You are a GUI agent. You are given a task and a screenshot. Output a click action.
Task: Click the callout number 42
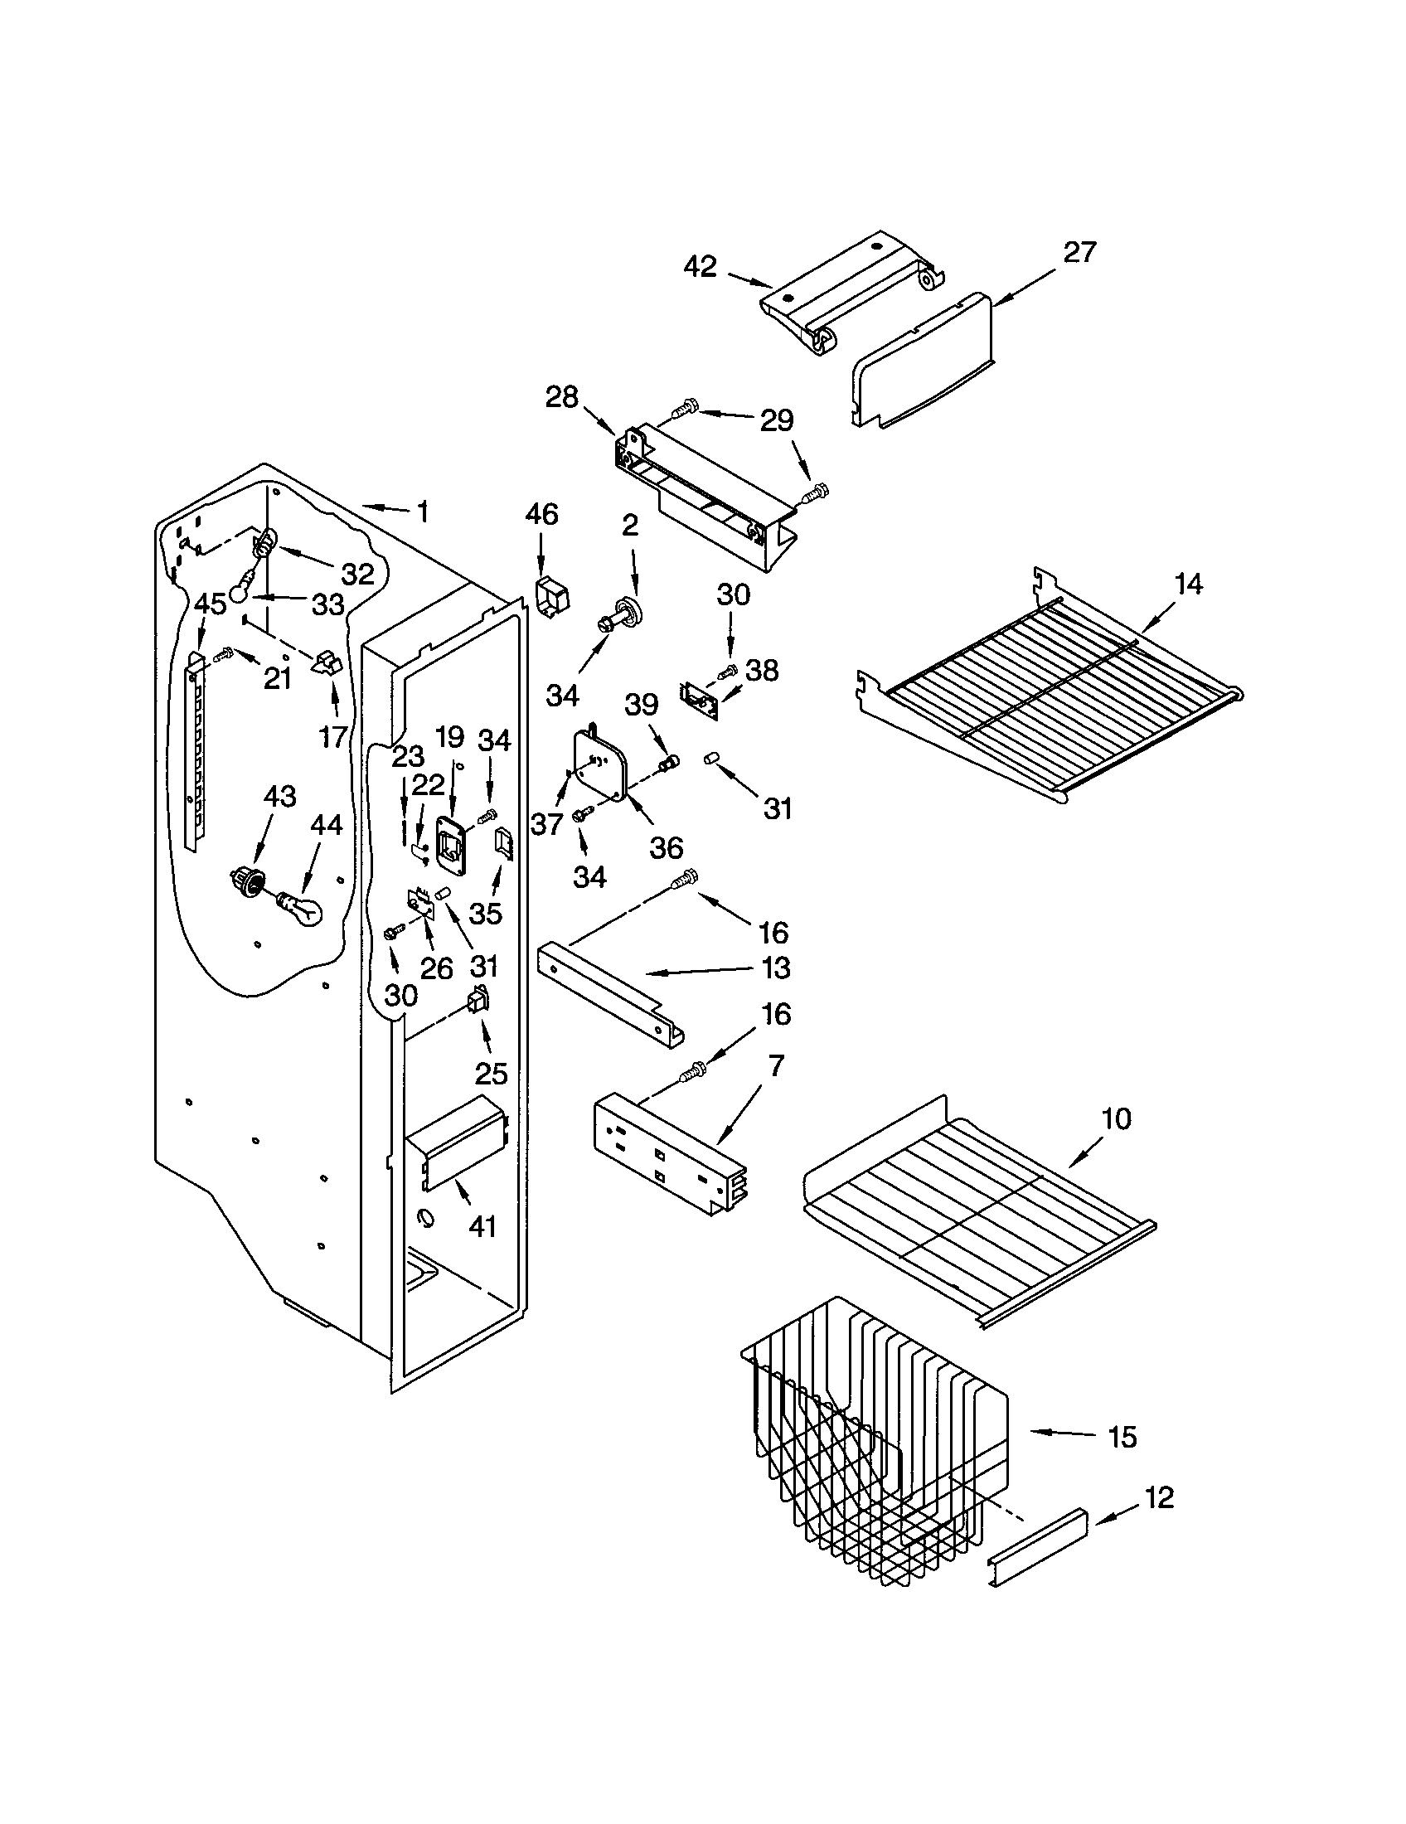tap(700, 266)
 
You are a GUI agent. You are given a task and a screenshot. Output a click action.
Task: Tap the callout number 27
tap(1079, 251)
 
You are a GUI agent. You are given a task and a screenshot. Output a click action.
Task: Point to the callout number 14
tap(1188, 584)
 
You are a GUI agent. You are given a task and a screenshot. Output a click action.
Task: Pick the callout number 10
tap(1117, 1118)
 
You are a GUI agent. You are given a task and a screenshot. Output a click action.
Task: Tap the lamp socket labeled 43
tap(245, 879)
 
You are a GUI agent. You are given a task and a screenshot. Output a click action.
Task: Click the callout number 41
tap(482, 1226)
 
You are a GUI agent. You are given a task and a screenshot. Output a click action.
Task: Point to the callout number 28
tap(561, 396)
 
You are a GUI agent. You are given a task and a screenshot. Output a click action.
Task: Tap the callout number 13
tap(776, 968)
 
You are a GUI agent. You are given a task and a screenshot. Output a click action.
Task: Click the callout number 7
tap(777, 1065)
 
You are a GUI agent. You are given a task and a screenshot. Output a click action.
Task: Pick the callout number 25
tap(492, 1073)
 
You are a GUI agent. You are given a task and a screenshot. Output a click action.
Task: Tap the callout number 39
tap(642, 705)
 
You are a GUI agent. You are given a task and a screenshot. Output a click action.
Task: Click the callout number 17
tap(333, 736)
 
